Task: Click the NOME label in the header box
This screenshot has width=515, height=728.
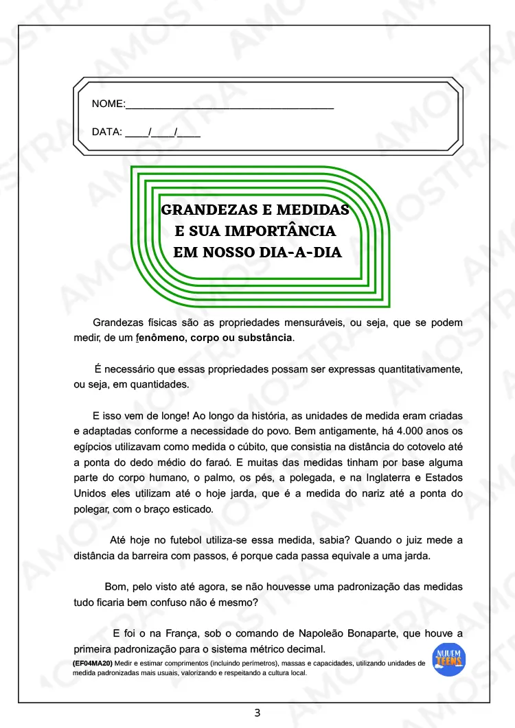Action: (x=108, y=104)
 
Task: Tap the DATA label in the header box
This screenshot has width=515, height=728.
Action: (x=106, y=132)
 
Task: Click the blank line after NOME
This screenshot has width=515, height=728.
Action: (x=230, y=106)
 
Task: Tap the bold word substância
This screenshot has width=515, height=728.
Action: (x=264, y=338)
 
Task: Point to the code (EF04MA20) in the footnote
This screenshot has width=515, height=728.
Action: (x=93, y=664)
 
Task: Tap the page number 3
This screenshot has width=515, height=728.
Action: (x=257, y=713)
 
